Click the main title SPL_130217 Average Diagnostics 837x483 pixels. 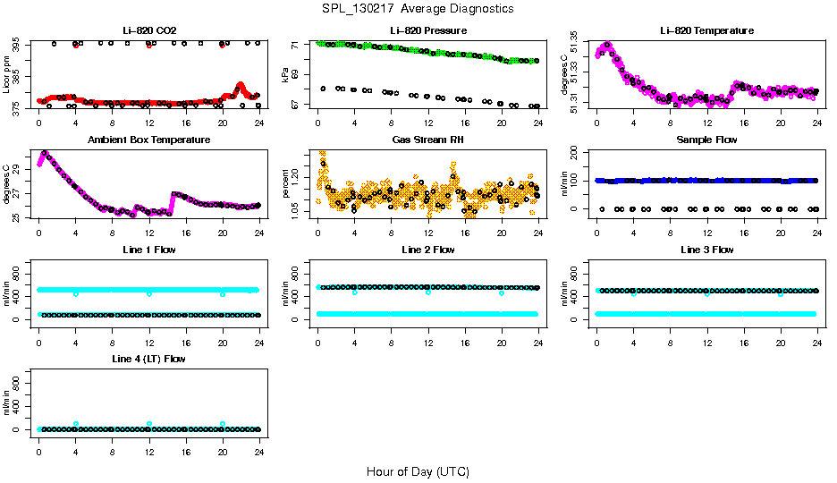418,8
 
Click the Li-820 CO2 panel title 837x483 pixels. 148,30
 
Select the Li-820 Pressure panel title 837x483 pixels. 427,30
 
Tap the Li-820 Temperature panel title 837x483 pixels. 706,30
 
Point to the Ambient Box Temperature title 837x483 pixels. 148,140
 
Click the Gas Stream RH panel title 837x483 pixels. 427,140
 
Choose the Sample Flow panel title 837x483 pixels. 706,140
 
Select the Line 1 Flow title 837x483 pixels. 148,250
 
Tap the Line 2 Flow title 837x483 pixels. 427,250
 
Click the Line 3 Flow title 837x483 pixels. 706,250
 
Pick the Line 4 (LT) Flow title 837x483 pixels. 148,359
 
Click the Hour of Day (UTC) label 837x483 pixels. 418,471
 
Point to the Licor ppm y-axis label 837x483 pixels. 7,75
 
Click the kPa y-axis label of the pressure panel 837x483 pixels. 286,75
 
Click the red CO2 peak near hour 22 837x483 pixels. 241,86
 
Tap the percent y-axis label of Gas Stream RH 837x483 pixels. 286,184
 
